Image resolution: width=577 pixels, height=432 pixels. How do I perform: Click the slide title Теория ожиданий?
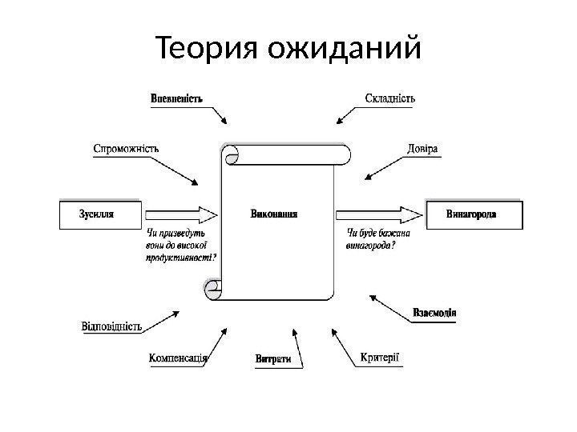288,50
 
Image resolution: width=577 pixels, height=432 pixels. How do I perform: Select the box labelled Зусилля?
101,214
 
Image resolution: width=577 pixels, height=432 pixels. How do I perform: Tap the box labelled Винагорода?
475,214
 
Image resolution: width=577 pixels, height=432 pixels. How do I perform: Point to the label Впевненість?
177,99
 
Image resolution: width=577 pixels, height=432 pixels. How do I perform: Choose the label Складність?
389,99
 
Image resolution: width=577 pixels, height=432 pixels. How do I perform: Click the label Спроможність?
126,148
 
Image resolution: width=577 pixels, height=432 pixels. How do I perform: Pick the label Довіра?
422,149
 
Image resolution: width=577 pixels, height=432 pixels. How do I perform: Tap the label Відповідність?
112,326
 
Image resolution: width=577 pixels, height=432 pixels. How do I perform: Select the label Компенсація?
179,359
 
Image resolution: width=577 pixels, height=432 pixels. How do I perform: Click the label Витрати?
272,360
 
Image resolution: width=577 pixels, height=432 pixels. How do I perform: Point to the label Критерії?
380,357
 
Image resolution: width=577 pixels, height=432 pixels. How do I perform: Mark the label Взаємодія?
434,312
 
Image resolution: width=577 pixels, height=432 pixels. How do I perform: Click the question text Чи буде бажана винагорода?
377,239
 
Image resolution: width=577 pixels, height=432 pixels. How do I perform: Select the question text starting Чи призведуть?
181,246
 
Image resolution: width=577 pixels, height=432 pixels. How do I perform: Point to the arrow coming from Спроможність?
178,168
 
